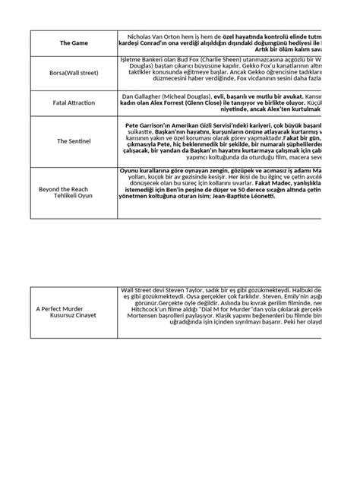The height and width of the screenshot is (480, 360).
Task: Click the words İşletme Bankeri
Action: tap(144, 58)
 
